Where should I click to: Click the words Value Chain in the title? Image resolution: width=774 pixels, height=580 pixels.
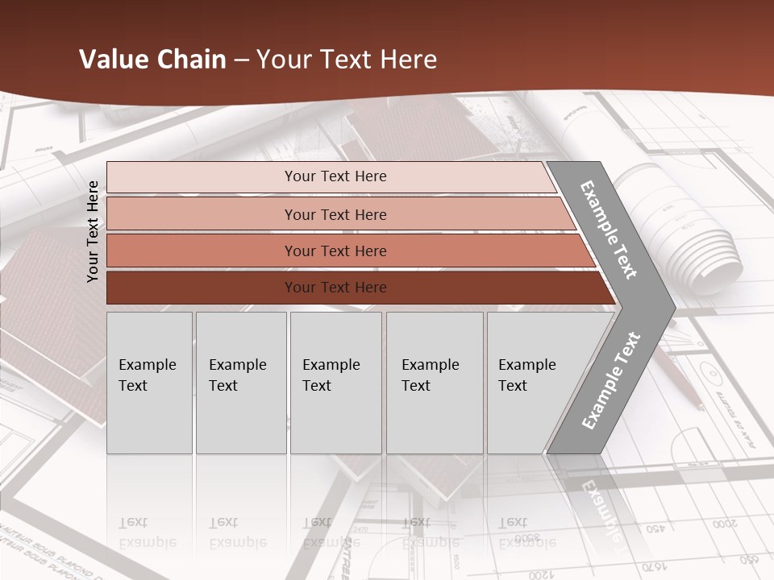tap(152, 60)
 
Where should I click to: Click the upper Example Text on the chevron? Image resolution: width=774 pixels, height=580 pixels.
tap(609, 230)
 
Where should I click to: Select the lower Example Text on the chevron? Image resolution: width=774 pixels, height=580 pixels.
tap(610, 381)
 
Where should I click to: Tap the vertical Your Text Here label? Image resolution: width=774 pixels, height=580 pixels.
tap(93, 231)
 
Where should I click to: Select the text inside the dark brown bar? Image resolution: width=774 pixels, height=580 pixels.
tap(335, 288)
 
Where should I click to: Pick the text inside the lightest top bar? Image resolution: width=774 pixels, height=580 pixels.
tap(335, 176)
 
